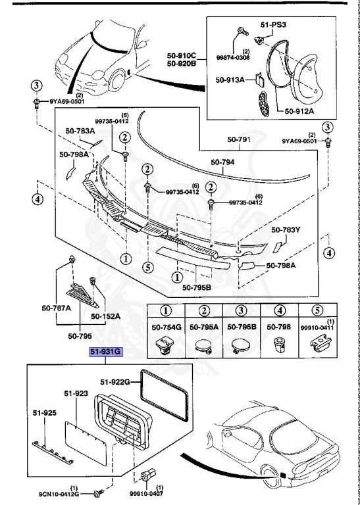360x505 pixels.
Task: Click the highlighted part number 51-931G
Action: point(106,352)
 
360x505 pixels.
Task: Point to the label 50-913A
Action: point(230,80)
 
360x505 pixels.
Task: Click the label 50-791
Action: point(239,139)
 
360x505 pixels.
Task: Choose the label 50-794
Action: point(222,162)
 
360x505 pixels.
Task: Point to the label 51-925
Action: point(45,413)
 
